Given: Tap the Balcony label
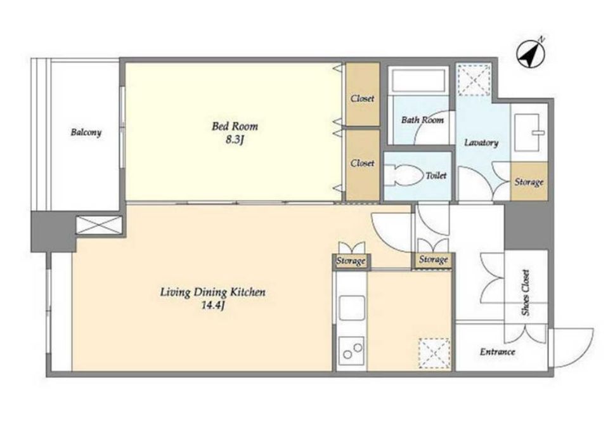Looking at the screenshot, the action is click(x=86, y=132).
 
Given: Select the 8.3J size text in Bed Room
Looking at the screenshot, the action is click(x=235, y=140).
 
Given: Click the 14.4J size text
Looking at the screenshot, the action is click(x=212, y=305).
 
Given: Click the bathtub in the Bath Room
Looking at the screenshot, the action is click(x=418, y=80).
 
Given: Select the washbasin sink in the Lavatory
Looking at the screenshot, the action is click(x=529, y=132).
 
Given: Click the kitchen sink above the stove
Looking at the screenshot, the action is click(x=352, y=308).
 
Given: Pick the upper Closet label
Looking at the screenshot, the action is click(x=363, y=98).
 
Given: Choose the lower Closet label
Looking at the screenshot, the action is click(x=363, y=163).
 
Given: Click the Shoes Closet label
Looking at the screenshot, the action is click(x=526, y=292).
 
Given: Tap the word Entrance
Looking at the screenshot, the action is click(x=497, y=352).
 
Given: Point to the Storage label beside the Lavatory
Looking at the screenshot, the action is click(x=529, y=182).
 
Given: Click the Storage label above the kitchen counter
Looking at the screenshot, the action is click(x=351, y=261).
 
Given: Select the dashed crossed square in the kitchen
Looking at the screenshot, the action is click(x=434, y=353).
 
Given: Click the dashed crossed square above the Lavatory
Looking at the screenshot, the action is click(x=474, y=80).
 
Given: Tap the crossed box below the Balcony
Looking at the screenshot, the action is click(x=99, y=226).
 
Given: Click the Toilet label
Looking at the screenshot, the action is click(x=436, y=175).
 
